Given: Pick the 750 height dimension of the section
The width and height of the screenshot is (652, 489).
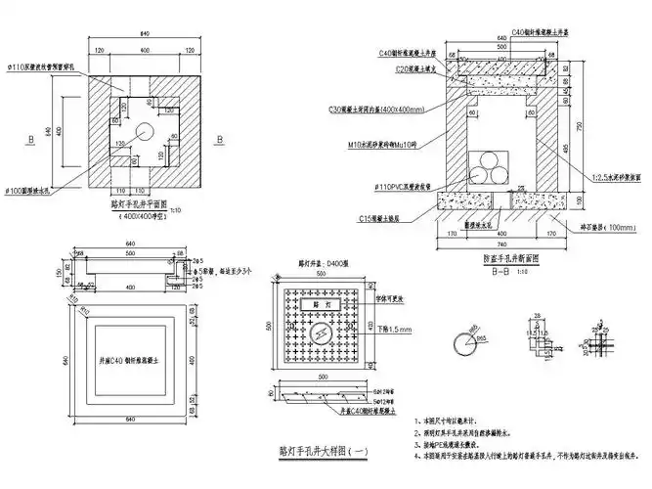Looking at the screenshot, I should click(x=589, y=127).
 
